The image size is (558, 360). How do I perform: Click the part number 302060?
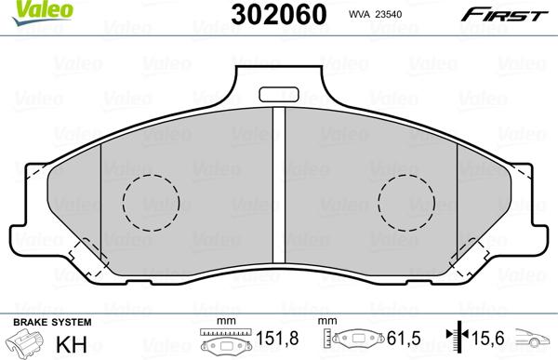click(x=279, y=15)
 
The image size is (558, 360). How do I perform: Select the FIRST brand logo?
click(x=505, y=15)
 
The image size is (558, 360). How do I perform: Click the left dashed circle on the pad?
click(x=152, y=203)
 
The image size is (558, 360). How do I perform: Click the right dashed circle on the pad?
click(x=406, y=203)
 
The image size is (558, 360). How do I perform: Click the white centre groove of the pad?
click(x=279, y=185)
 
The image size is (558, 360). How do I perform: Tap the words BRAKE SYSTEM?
click(x=52, y=322)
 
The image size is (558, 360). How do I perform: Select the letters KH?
click(x=72, y=344)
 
